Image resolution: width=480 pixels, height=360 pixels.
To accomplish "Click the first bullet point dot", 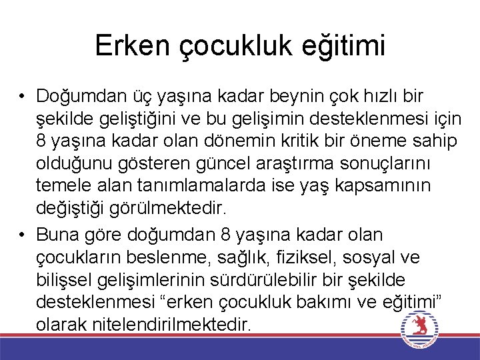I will pos(22,97).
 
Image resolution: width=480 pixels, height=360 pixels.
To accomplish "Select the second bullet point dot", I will pos(22,235).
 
